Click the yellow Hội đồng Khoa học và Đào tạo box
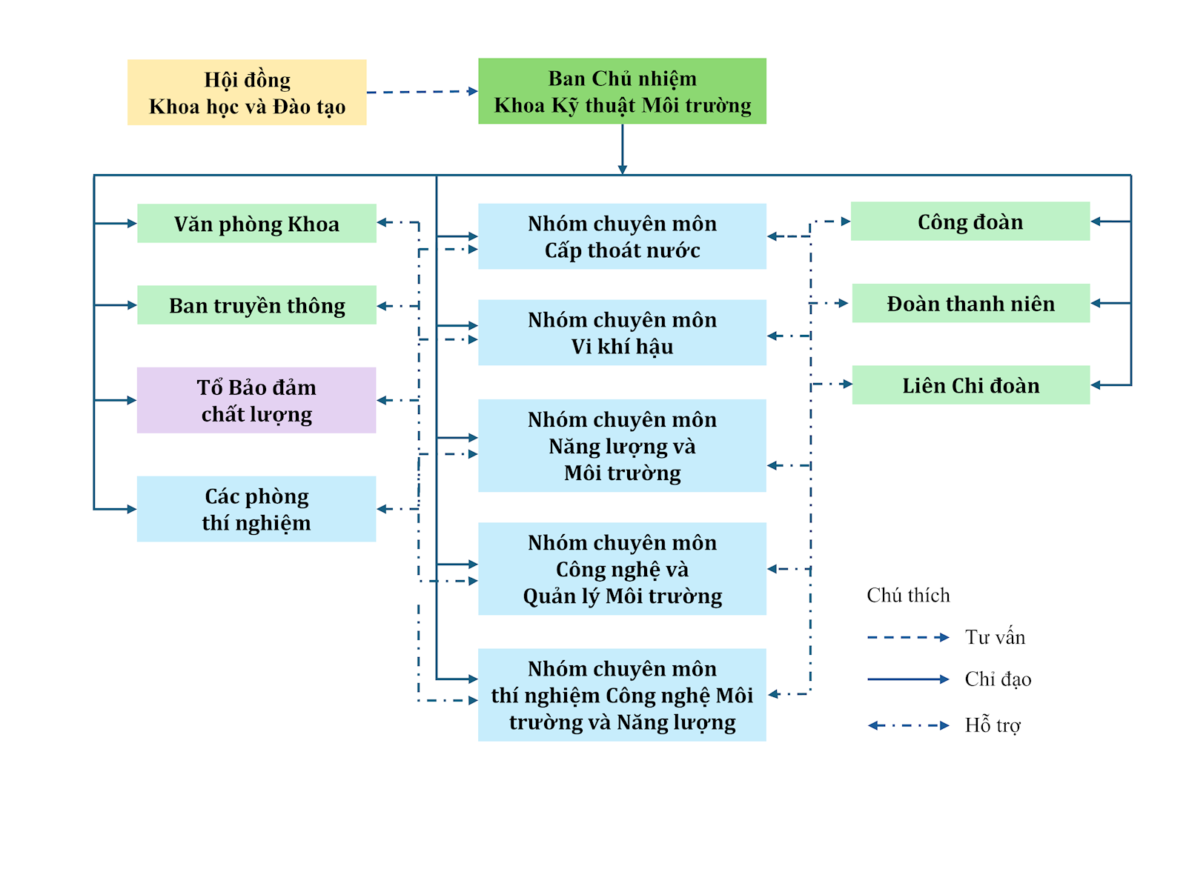(x=247, y=93)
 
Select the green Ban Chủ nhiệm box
(x=622, y=91)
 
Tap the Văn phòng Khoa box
(x=256, y=224)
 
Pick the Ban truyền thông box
(x=256, y=305)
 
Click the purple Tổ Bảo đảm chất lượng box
(x=256, y=400)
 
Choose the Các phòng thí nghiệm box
(x=256, y=509)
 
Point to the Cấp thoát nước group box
(x=622, y=236)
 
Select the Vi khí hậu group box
(x=622, y=333)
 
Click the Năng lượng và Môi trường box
(x=622, y=446)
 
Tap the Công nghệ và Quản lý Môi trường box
(x=622, y=569)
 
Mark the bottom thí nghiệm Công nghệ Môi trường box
(x=622, y=695)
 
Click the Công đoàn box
(x=970, y=222)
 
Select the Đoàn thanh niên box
(x=971, y=303)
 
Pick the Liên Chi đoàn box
(x=971, y=385)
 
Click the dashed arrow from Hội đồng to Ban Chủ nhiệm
(x=422, y=92)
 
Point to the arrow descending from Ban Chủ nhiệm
(x=622, y=149)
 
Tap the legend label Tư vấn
(x=995, y=637)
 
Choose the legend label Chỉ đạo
(x=998, y=679)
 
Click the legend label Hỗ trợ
(x=993, y=725)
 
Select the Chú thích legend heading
(x=908, y=596)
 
